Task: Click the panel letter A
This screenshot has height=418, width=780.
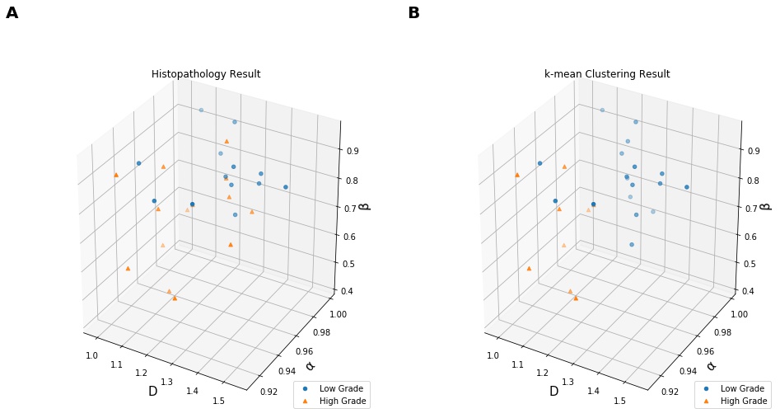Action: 12,12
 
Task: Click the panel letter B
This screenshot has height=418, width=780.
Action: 413,12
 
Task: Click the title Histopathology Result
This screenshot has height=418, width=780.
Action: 206,74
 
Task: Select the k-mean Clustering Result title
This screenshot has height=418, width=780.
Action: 607,74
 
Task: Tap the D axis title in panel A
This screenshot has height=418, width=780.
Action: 152,391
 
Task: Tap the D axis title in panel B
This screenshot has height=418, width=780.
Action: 553,391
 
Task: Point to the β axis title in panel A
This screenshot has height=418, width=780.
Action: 365,201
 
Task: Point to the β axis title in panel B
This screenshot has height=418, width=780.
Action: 766,201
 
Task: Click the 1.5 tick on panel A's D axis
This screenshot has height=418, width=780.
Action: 218,401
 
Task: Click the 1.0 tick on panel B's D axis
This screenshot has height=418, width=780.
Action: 493,355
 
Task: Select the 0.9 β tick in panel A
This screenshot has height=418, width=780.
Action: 352,151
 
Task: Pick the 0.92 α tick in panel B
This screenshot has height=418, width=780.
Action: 670,392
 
